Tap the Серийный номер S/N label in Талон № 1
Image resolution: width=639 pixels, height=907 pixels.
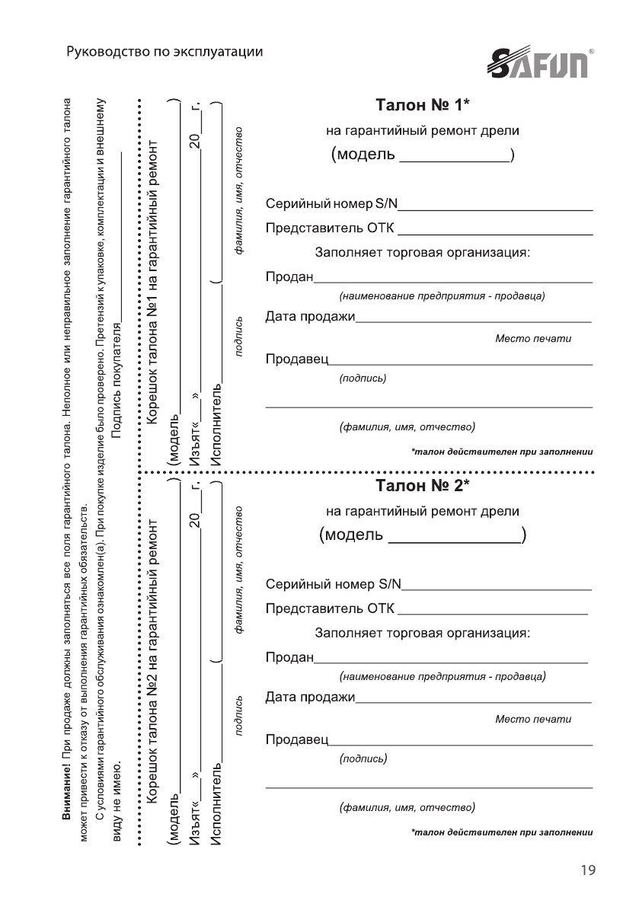(x=332, y=204)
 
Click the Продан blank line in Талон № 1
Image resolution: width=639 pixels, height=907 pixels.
(x=454, y=281)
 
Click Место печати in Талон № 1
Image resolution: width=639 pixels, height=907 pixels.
(x=532, y=338)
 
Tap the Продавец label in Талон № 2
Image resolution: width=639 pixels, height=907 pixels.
(x=296, y=739)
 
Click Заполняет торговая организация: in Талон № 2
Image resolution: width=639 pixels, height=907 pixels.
(x=422, y=633)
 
